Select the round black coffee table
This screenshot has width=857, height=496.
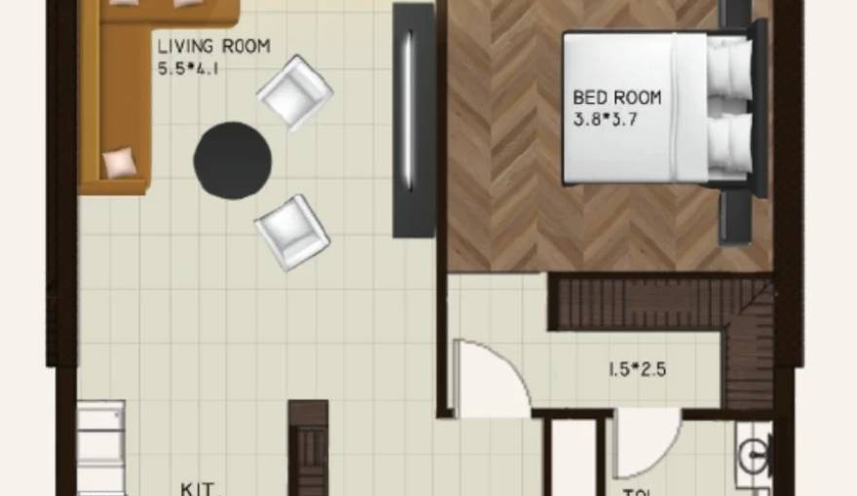click(x=232, y=160)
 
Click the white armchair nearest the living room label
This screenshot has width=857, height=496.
click(x=294, y=92)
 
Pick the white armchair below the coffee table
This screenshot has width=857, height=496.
click(x=292, y=232)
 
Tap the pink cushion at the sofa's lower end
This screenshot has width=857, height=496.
click(x=120, y=162)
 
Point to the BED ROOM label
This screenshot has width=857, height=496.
click(x=616, y=97)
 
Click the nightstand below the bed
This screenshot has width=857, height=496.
click(x=735, y=214)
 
